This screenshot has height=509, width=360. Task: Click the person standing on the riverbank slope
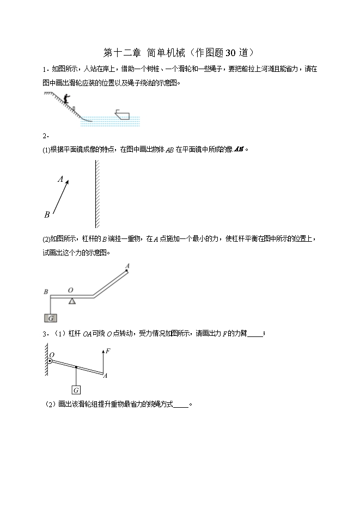pyautogui.click(x=66, y=99)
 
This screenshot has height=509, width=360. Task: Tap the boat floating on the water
pyautogui.click(x=123, y=114)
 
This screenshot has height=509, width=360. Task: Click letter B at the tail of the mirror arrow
pyautogui.click(x=47, y=214)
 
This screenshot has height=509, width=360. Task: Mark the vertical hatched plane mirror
pyautogui.click(x=96, y=193)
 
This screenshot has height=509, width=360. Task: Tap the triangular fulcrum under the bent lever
pyautogui.click(x=72, y=301)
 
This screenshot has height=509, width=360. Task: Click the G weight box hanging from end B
pyautogui.click(x=51, y=318)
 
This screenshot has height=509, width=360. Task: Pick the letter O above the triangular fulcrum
pyautogui.click(x=70, y=290)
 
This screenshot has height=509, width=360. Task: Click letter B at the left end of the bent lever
pyautogui.click(x=46, y=292)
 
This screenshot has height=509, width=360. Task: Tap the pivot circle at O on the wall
pyautogui.click(x=50, y=360)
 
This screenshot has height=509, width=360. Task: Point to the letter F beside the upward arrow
pyautogui.click(x=108, y=351)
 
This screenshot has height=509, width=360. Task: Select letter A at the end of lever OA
pyautogui.click(x=105, y=376)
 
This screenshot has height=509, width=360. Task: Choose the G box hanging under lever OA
pyautogui.click(x=76, y=390)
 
